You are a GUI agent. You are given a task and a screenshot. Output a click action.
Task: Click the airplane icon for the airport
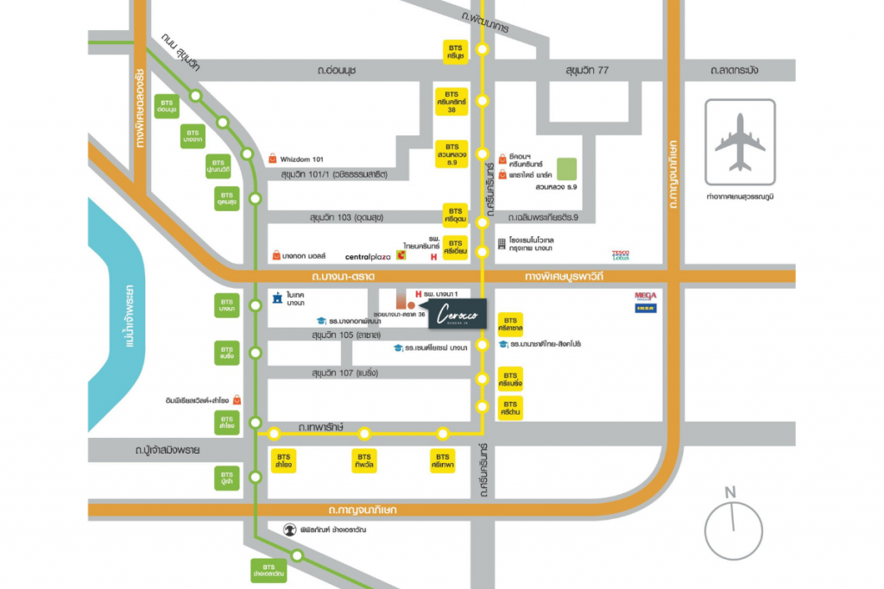740,142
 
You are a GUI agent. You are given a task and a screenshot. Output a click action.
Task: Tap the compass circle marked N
733,527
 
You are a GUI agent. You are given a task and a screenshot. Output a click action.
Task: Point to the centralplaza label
368,256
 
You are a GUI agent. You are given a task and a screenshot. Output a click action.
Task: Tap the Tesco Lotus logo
620,255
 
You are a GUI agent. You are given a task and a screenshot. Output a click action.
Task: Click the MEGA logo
646,295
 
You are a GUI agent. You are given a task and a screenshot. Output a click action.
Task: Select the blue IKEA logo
646,308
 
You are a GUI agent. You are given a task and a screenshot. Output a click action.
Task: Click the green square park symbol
566,167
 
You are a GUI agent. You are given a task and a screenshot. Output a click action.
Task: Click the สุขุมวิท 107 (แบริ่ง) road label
343,373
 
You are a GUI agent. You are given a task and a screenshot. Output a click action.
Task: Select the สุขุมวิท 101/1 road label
334,175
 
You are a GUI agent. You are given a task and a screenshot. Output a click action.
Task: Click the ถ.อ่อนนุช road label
337,70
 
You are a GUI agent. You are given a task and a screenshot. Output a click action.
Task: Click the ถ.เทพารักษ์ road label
321,427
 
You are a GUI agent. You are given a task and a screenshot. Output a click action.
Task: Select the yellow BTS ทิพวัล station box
364,461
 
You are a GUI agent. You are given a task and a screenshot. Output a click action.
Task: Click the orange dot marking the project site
411,304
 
